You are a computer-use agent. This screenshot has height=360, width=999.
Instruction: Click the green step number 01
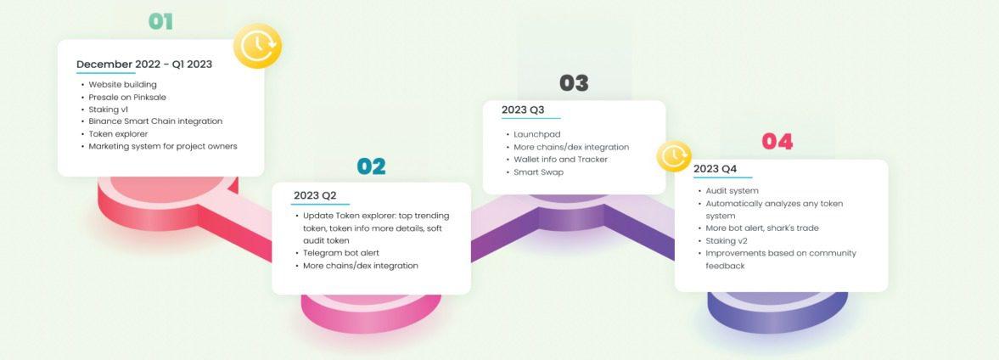click(160, 22)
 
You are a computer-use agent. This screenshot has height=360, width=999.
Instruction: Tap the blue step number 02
click(371, 166)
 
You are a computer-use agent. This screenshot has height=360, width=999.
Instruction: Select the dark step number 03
click(574, 83)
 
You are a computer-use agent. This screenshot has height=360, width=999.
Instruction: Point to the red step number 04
click(777, 142)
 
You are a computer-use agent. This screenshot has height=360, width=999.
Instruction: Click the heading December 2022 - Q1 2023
click(144, 65)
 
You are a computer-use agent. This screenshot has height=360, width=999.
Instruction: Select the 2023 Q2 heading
click(315, 195)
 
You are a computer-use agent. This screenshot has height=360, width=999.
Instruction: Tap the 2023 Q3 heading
click(523, 110)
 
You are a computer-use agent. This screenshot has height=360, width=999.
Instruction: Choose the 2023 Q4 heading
click(715, 169)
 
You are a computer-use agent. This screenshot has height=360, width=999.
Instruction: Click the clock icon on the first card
click(257, 45)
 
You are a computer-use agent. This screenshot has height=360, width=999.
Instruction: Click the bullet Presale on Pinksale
click(127, 97)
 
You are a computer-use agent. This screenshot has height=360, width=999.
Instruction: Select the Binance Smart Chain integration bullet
click(155, 121)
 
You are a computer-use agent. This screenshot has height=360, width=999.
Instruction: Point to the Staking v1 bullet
click(109, 109)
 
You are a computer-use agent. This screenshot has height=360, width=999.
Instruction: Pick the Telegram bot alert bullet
click(341, 253)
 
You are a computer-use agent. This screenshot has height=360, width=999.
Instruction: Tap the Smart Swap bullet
click(538, 172)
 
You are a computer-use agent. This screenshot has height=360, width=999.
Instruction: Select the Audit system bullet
click(732, 191)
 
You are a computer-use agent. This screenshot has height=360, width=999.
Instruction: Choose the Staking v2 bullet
click(727, 241)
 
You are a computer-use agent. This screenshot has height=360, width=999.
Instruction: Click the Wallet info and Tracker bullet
click(561, 160)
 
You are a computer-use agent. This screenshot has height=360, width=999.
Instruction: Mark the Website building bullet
click(122, 85)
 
